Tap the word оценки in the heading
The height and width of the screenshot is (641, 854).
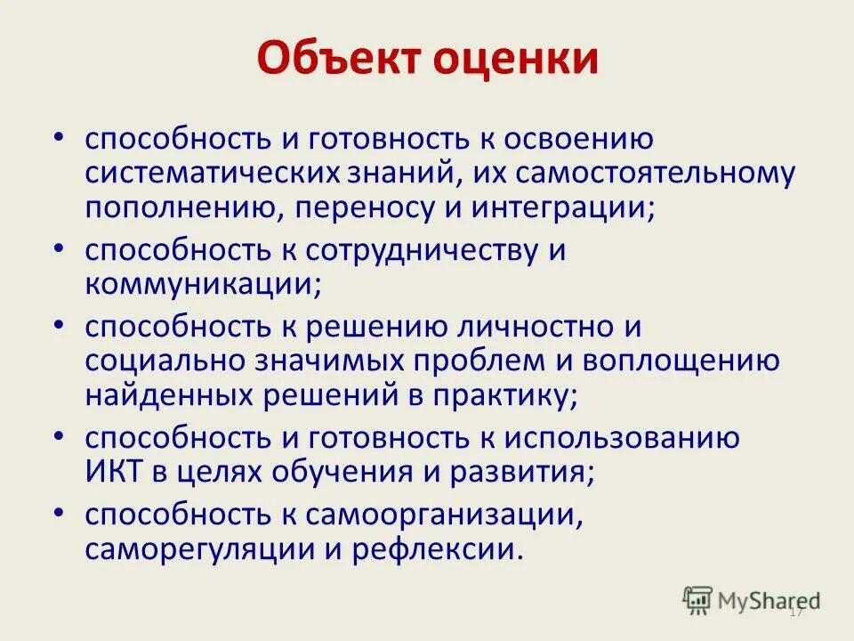(518, 60)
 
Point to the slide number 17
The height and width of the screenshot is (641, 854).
(796, 613)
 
